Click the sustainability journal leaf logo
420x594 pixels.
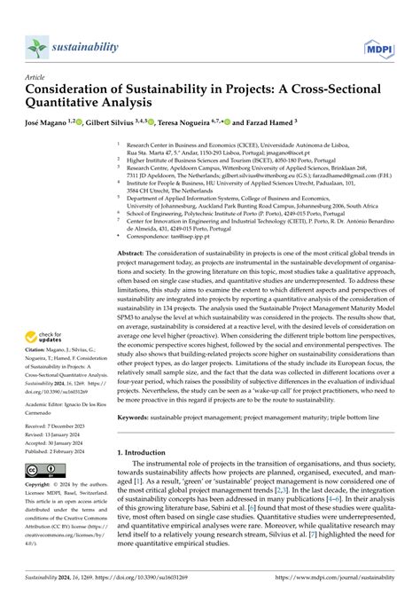pos(36,47)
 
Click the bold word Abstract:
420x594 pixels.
pos(133,253)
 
